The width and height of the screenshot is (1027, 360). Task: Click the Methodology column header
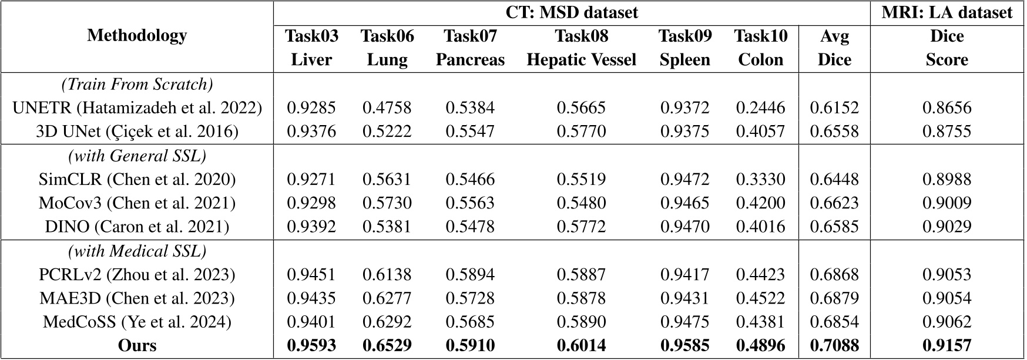pos(137,36)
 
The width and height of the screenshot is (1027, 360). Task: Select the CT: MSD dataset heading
pos(572,12)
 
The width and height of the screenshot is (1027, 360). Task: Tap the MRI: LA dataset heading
pos(947,12)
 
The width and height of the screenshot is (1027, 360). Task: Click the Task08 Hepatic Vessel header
pos(581,48)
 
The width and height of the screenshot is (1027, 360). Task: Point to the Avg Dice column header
pos(834,48)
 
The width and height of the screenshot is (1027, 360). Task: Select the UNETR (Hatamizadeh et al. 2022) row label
pos(137,108)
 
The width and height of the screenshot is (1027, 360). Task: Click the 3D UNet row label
pos(137,132)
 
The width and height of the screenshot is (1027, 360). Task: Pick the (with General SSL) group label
pos(137,156)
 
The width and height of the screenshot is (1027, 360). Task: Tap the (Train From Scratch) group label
pos(137,84)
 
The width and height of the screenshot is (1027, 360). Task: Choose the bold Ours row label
pos(137,345)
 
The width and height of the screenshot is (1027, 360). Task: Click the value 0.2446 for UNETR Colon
pos(760,108)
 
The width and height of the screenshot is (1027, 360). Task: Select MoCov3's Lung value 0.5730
pos(387,203)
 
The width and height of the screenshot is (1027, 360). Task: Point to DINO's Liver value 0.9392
pos(311,227)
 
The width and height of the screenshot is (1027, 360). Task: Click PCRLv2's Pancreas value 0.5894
pos(470,275)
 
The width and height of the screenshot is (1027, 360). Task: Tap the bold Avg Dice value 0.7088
pos(834,345)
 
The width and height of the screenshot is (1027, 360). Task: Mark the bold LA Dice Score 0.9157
pos(947,345)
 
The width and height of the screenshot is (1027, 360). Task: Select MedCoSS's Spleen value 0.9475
pos(684,322)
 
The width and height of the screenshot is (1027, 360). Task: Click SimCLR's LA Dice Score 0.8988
pos(947,179)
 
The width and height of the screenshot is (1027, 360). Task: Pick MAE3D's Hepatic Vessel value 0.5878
pos(581,298)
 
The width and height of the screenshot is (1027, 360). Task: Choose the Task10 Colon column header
pos(760,48)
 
